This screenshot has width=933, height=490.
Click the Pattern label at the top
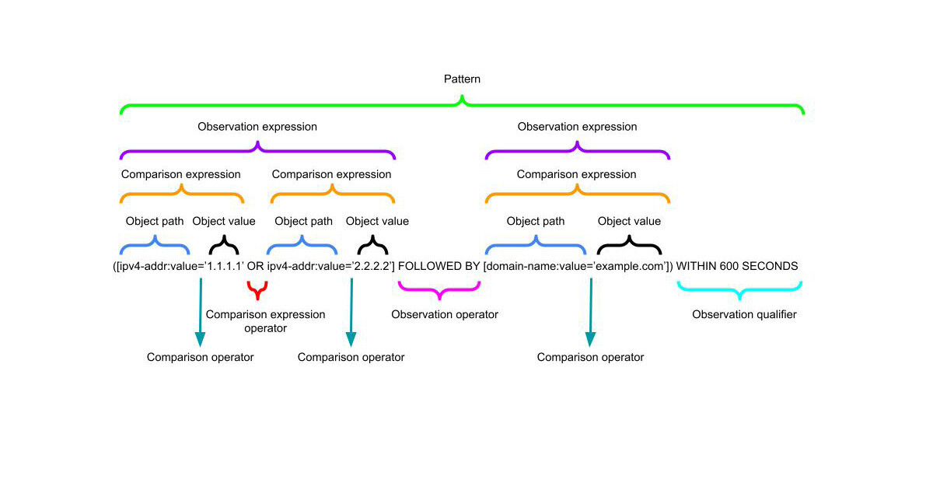(x=462, y=79)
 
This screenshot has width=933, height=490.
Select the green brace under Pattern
(x=462, y=104)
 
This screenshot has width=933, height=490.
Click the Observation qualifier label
(x=744, y=314)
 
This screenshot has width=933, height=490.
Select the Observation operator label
(x=444, y=314)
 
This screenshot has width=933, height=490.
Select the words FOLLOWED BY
(x=439, y=266)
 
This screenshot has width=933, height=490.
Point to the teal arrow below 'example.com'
(x=591, y=311)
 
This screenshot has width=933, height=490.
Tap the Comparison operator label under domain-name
(x=590, y=357)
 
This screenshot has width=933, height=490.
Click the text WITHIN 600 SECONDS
(x=737, y=266)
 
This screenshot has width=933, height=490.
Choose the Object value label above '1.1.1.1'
(x=224, y=221)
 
